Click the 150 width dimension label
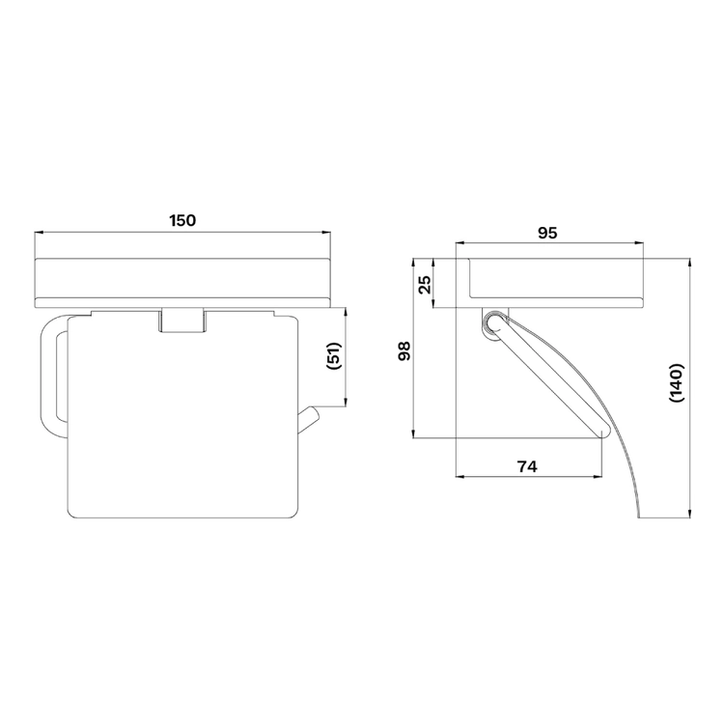(x=182, y=220)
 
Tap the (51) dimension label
(x=334, y=355)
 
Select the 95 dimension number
(x=547, y=233)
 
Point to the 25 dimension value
(x=425, y=285)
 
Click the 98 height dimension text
(x=404, y=351)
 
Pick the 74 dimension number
(x=527, y=466)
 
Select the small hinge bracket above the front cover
(x=182, y=320)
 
